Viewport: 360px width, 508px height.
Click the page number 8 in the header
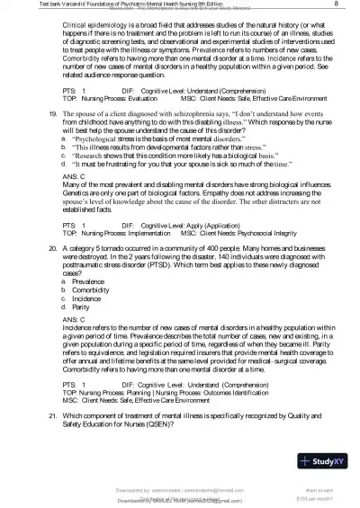coord(335,5)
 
